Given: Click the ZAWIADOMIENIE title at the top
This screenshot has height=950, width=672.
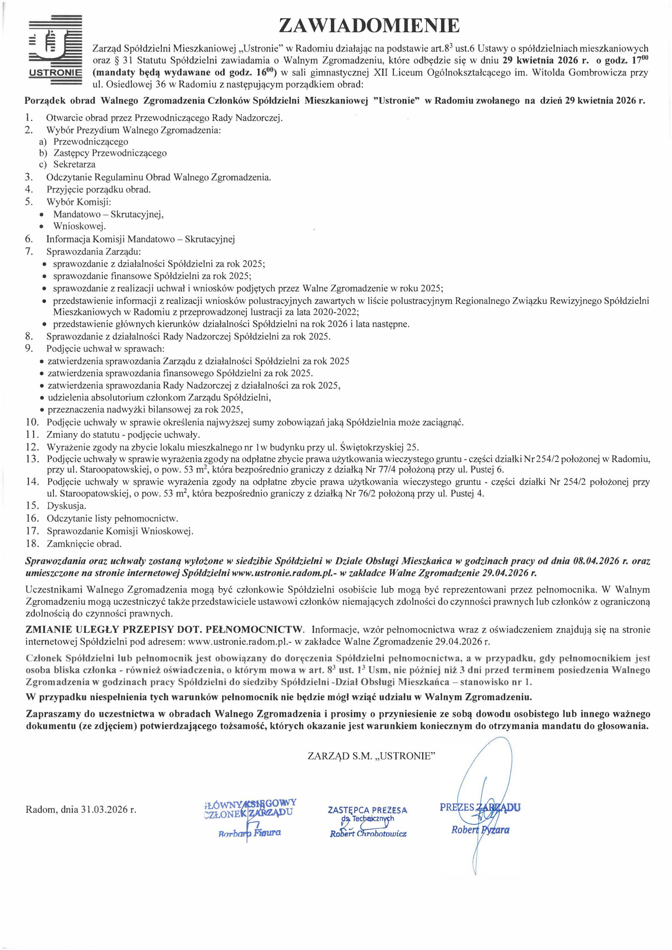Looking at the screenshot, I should coord(369,26).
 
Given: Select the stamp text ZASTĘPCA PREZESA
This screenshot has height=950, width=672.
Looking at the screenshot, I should coord(367,809).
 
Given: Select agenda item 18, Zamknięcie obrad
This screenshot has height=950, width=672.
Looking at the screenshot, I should coord(84,543).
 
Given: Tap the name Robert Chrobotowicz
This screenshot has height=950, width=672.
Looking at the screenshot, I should coord(368,833).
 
